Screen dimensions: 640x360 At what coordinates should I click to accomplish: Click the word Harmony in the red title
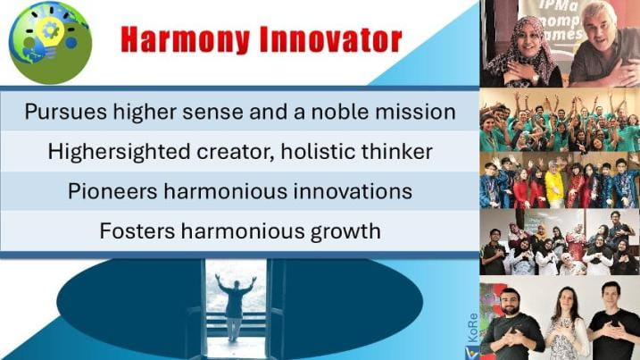coord(185,39)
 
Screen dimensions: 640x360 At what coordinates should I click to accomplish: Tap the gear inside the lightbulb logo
coord(51,30)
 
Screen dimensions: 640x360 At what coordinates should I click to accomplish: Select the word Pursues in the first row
coord(66,112)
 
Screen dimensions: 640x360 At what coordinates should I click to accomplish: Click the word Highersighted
coord(120,152)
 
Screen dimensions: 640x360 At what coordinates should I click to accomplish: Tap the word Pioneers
coord(112,191)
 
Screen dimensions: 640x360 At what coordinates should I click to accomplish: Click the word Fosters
coord(137,230)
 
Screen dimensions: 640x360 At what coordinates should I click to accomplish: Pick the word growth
coord(345,231)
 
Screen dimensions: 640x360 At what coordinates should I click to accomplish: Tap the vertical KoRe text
coord(473,328)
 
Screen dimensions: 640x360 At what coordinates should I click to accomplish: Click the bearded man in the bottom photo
coord(511,323)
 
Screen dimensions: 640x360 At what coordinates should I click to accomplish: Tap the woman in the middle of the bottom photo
coord(567,323)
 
